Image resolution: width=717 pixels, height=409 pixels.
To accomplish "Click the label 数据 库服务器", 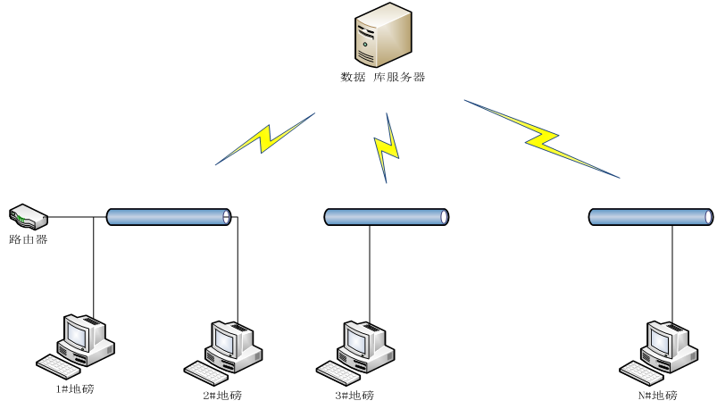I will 383,77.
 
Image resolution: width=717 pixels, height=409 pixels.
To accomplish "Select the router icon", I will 28,216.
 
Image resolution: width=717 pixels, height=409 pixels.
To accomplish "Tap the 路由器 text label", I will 28,239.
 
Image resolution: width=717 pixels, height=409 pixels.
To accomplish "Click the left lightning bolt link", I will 265,138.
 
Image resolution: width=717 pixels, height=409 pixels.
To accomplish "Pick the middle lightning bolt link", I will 386,147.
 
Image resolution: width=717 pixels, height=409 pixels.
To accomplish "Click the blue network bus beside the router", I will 169,216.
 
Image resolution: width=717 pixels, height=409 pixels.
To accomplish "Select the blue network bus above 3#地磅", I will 386,216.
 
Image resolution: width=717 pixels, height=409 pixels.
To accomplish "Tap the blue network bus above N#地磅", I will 651,216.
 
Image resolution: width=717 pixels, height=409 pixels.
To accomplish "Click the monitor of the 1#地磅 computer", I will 74,334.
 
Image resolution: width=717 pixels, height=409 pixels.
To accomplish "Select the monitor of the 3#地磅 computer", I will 359,338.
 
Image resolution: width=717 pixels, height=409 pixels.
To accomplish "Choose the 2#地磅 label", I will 221,395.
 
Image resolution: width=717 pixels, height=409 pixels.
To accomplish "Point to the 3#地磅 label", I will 354,395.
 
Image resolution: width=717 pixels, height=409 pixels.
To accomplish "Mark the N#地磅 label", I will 657,395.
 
